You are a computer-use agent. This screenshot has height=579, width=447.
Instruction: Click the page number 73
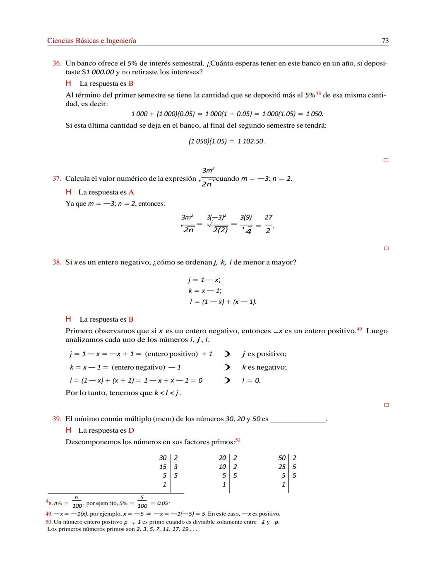385,41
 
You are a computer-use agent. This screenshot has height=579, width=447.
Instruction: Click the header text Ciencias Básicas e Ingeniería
91,41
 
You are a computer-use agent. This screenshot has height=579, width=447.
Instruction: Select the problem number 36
57,63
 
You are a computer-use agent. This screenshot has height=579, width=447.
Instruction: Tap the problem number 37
57,179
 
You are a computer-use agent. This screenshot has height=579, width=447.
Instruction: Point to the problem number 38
57,262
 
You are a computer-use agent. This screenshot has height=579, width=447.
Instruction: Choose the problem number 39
57,419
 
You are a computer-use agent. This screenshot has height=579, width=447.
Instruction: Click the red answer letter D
131,431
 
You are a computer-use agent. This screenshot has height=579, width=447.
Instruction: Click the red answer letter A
131,192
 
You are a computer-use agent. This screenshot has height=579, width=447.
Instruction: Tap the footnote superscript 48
318,93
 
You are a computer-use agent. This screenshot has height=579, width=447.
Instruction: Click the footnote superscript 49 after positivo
359,329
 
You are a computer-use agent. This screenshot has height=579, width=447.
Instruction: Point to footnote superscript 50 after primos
238,440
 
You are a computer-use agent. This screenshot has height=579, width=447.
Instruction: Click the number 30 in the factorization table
163,458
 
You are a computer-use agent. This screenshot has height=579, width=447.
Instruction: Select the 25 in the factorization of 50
282,467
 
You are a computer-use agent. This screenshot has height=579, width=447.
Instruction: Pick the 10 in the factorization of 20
222,467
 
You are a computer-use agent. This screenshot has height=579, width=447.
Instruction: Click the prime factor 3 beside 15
176,467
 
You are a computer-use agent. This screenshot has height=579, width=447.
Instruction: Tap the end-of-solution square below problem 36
386,160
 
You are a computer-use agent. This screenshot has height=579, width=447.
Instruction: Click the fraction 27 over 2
269,224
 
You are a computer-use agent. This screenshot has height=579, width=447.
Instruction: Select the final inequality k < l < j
167,393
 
